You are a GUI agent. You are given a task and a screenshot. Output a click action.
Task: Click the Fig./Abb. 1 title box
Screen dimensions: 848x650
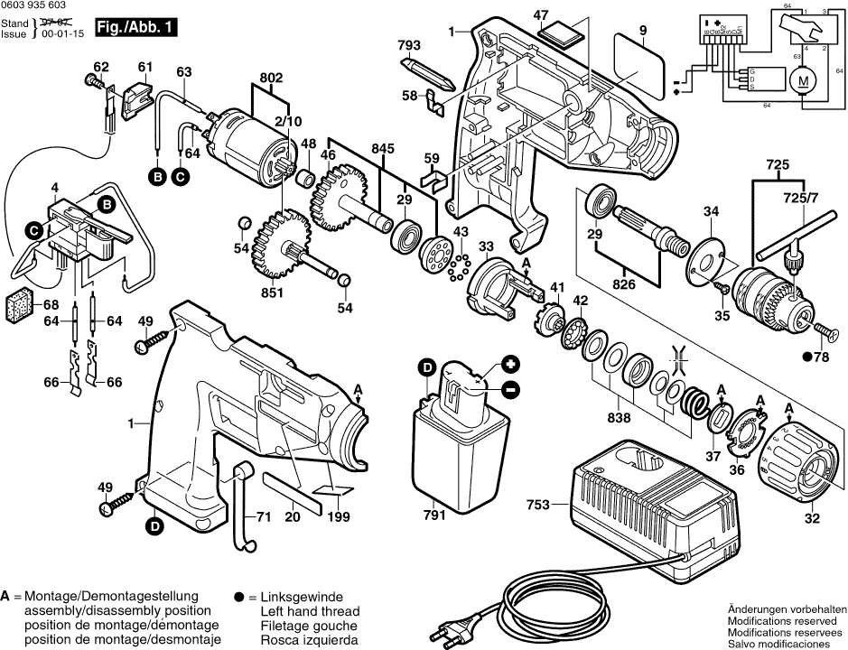tap(135, 28)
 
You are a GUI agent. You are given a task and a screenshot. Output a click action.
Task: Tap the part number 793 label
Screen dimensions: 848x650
tap(409, 45)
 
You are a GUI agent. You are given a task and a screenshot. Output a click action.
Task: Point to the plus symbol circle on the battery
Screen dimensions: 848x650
tap(509, 364)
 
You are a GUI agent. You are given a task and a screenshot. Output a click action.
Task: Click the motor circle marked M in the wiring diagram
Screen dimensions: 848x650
tap(804, 80)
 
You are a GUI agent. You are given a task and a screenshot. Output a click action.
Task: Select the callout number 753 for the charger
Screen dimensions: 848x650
tap(537, 505)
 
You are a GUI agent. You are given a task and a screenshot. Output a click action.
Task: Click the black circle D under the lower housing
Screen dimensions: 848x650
tap(155, 526)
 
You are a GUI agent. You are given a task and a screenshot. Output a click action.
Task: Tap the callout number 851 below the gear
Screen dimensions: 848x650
tap(272, 292)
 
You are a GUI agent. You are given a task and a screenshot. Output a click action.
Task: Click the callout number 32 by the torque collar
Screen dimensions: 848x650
tap(812, 518)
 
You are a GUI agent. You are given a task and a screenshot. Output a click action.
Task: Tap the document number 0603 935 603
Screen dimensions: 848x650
tap(33, 5)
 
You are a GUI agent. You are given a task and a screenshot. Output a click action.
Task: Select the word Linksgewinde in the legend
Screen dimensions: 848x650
tap(302, 597)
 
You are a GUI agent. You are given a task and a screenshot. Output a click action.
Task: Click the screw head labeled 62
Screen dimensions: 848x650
tap(92, 81)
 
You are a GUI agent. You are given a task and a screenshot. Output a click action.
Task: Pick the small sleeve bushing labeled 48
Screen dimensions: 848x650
tap(305, 177)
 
